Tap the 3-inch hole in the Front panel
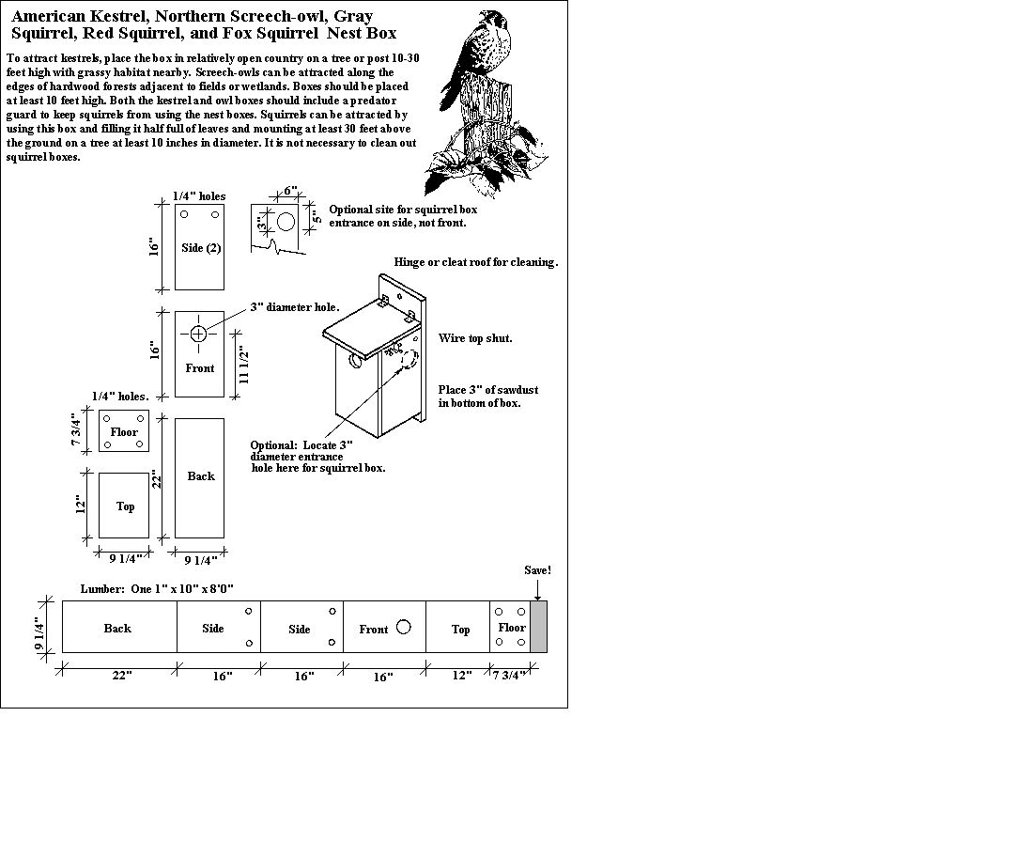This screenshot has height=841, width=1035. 198,334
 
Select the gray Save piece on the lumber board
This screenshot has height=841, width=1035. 538,627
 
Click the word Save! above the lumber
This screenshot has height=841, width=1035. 537,570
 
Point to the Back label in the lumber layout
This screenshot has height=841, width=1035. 117,628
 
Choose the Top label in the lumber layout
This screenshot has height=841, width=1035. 460,629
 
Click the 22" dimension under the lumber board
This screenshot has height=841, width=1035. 121,677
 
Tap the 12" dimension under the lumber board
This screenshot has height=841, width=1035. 460,677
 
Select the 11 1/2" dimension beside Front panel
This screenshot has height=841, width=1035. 243,365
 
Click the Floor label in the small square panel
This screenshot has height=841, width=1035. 124,432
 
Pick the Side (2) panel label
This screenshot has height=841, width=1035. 200,248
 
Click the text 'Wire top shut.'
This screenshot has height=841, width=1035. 475,338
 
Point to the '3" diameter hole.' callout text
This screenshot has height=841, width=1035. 295,307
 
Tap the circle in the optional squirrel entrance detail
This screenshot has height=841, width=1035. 286,223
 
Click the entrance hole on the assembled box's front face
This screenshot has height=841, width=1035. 356,360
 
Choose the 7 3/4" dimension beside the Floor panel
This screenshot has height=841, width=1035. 79,431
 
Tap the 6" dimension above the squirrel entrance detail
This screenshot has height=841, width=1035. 291,191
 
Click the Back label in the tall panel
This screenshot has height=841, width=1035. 200,476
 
